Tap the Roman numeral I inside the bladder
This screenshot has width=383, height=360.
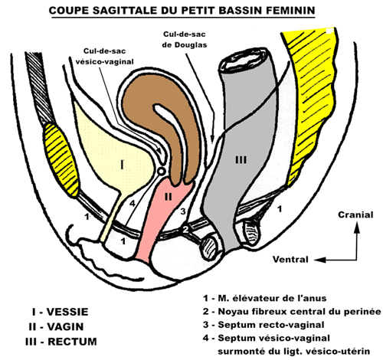[x=122, y=165]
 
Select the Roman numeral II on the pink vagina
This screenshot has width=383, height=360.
[x=168, y=197]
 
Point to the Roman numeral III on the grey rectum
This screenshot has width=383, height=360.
[x=241, y=160]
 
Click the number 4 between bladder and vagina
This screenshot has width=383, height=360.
[x=132, y=204]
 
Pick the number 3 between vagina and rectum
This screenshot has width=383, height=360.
[x=183, y=211]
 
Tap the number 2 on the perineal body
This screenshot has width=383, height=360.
[x=185, y=229]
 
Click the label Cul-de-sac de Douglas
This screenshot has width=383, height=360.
[x=185, y=39]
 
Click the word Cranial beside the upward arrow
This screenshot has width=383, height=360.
[x=355, y=214]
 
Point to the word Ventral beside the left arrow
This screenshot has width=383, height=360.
[x=290, y=260]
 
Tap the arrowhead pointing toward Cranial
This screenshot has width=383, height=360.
[x=357, y=227]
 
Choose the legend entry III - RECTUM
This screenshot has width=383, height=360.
[x=61, y=342]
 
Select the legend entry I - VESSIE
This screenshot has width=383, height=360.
[x=61, y=312]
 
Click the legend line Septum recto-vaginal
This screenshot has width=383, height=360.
[x=264, y=325]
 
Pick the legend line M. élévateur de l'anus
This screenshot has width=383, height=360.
[x=264, y=298]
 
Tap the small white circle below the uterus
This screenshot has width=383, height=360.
[x=162, y=171]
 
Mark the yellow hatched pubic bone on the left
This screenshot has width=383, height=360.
[x=61, y=159]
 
